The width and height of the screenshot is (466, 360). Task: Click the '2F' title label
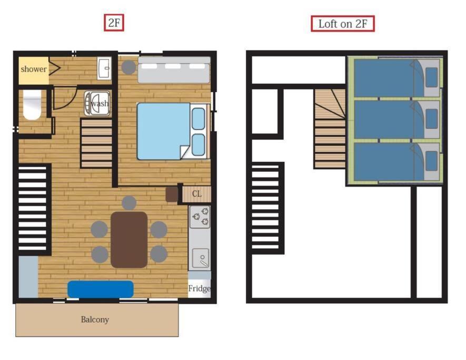[114, 23]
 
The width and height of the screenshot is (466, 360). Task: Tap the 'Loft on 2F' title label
[343, 24]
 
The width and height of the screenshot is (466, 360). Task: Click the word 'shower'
[34, 69]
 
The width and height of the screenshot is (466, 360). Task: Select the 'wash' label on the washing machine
[100, 103]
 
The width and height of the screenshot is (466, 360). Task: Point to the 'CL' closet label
[197, 194]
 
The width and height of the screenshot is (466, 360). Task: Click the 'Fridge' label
[199, 288]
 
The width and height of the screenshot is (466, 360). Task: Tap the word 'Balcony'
[95, 319]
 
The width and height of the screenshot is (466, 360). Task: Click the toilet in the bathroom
[32, 105]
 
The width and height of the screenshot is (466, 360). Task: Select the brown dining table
[129, 240]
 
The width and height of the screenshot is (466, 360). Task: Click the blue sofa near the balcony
[101, 289]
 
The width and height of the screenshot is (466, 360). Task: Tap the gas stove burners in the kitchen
[200, 217]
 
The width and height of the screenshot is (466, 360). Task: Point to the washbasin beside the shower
[104, 69]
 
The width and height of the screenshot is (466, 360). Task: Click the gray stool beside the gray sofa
[128, 67]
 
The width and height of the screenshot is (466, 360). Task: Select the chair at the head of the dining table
[129, 203]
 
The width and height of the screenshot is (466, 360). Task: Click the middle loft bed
[396, 120]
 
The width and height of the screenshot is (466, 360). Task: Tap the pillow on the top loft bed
[432, 77]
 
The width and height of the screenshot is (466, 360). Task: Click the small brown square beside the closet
[172, 194]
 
